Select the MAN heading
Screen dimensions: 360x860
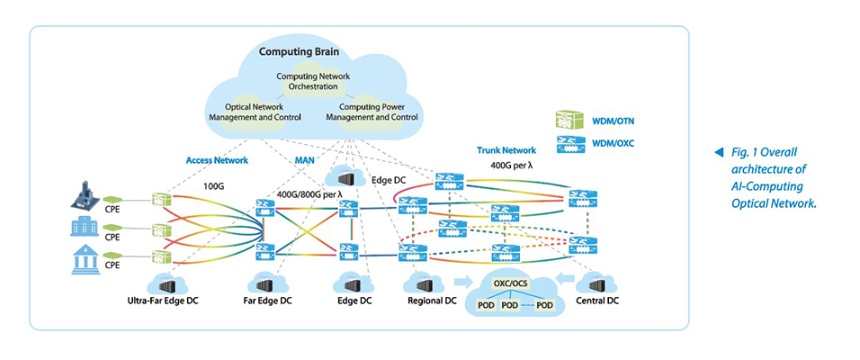[x=305, y=160]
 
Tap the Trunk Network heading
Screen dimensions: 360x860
[x=506, y=149]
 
